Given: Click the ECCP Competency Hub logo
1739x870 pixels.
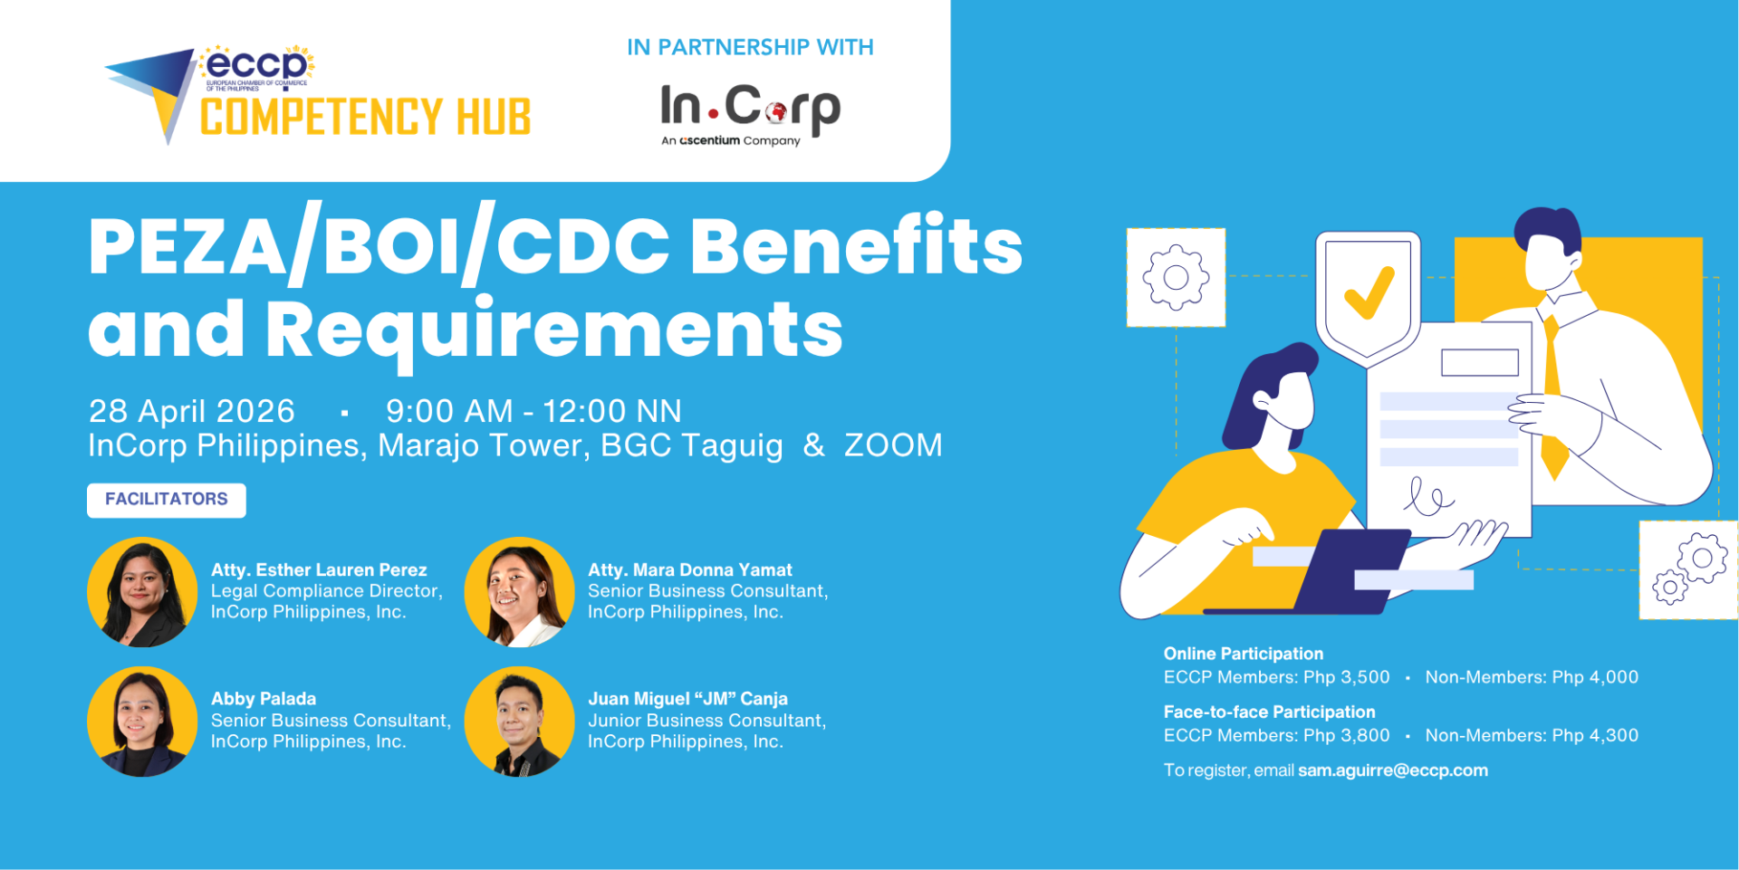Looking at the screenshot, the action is (x=317, y=94).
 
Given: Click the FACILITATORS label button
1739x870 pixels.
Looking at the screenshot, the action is (x=167, y=500).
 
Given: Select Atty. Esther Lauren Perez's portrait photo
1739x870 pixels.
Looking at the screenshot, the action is (x=142, y=592).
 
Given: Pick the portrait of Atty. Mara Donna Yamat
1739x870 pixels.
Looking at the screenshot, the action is (x=519, y=592).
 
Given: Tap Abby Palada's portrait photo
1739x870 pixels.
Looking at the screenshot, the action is (x=142, y=722).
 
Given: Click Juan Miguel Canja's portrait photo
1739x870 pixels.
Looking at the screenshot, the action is (x=519, y=722).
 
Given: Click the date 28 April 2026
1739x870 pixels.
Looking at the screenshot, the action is (x=192, y=411).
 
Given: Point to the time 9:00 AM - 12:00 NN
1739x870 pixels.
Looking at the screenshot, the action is (x=533, y=411).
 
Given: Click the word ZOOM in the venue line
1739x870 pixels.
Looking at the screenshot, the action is (x=893, y=445).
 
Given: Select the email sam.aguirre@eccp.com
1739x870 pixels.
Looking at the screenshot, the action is (x=1393, y=770).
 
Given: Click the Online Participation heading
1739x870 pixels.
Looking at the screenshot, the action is (x=1244, y=654).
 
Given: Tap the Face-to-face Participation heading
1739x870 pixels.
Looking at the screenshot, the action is (x=1270, y=712).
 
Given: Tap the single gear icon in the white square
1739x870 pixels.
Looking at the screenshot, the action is (x=1176, y=277).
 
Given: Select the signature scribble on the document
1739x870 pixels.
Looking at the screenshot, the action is (x=1428, y=496).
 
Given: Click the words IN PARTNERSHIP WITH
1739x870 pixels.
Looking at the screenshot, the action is (x=750, y=47).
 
